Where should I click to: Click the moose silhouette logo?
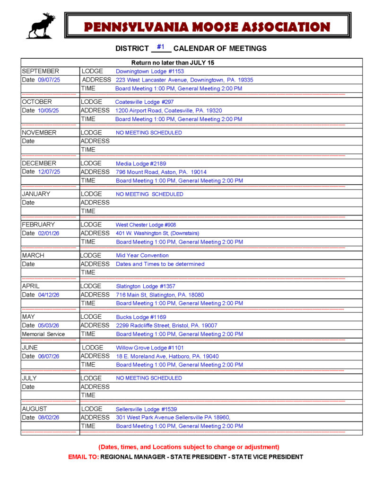click(41, 26)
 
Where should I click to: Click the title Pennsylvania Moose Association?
click(207, 27)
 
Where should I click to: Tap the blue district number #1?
click(161, 47)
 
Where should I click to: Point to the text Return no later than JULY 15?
click(173, 63)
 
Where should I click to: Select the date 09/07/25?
click(49, 80)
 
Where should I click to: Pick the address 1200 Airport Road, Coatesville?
click(169, 110)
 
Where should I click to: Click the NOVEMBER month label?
click(39, 133)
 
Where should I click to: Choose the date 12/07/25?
click(49, 172)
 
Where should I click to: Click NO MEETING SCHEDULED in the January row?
click(149, 194)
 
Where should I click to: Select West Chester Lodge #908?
click(146, 225)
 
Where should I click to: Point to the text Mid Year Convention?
click(142, 255)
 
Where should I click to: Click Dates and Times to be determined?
click(160, 264)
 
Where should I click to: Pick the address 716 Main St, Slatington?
click(160, 295)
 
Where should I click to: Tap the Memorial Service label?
click(43, 334)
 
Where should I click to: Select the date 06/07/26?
click(49, 356)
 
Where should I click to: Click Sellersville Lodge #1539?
click(146, 409)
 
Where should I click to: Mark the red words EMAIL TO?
click(84, 457)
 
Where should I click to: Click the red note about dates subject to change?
click(189, 447)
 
